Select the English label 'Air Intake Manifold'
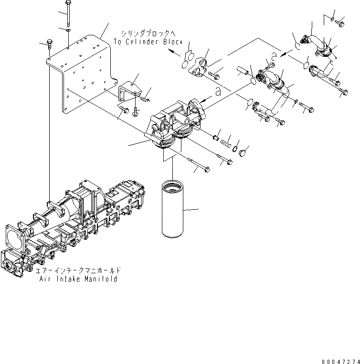79,279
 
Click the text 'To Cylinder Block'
148,42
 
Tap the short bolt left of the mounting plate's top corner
49,44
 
